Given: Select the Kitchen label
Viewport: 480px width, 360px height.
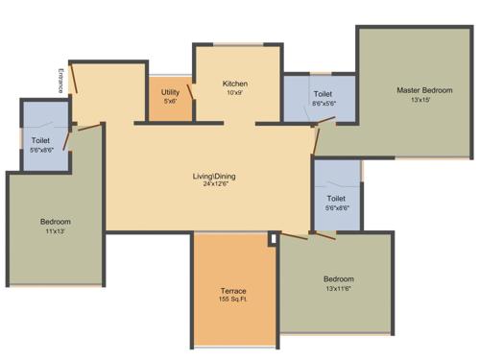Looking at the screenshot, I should coord(235,84).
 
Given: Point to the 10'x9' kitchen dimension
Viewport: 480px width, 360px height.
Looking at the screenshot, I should coord(235,93).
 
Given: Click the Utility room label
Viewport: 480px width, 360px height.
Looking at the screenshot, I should coord(170,92).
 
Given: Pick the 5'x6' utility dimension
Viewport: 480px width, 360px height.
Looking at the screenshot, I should coord(170,102).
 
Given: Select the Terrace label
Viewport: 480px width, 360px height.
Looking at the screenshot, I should coord(234,290).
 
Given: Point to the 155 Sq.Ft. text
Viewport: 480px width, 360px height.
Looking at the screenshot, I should coord(234,300).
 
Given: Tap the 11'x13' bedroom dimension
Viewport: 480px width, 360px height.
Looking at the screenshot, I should coord(55,231).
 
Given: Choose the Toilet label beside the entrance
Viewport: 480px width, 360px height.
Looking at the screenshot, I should coord(40,141).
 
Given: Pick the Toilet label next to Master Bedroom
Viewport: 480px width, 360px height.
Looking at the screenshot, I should coord(323,94).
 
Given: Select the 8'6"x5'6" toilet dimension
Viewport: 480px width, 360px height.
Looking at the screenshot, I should coord(323,104).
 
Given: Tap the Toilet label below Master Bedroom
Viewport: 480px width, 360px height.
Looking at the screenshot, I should coord(337,198).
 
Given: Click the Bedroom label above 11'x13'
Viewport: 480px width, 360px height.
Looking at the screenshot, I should coord(55,222).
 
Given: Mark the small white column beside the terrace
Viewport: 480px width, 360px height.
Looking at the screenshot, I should coord(273,237).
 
